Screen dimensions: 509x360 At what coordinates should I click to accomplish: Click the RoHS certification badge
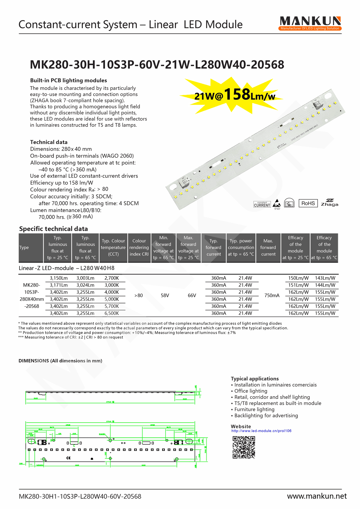click(x=308, y=203)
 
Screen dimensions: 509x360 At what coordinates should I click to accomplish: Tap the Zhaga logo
click(x=329, y=203)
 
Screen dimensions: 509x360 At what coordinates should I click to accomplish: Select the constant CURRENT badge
click(x=262, y=204)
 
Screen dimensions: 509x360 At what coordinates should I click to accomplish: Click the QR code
click(x=244, y=447)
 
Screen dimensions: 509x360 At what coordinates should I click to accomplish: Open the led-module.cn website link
click(x=261, y=431)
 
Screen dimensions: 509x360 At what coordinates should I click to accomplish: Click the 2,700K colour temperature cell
click(x=112, y=278)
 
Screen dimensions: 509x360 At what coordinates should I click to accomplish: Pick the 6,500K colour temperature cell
click(x=112, y=313)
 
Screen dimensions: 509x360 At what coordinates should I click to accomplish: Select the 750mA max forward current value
click(x=272, y=296)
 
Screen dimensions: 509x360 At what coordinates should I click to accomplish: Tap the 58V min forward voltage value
click(x=165, y=296)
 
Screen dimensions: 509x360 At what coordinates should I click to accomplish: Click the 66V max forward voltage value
click(x=192, y=296)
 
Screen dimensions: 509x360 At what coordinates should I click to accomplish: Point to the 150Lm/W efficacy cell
click(x=298, y=278)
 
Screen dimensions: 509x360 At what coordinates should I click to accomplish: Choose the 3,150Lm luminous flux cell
click(x=59, y=278)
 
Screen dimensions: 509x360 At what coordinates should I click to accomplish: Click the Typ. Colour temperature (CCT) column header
click(x=113, y=247)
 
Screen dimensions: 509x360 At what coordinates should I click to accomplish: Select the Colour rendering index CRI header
click(x=139, y=247)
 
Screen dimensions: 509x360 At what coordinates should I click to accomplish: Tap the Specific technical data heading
click(x=53, y=229)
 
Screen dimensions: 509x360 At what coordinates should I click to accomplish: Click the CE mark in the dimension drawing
click(x=68, y=458)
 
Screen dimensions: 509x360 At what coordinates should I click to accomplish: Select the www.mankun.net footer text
click(x=317, y=496)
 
